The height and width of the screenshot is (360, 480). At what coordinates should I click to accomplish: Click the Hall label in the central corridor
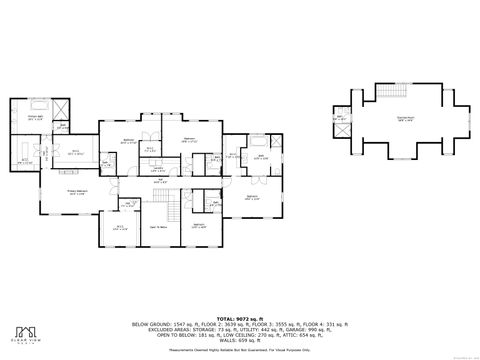160,181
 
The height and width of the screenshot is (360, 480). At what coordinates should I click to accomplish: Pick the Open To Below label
158,228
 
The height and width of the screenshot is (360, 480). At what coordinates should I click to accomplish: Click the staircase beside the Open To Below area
172,211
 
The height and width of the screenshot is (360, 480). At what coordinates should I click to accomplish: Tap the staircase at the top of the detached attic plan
387,93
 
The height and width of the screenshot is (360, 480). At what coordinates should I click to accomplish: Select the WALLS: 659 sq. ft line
240,343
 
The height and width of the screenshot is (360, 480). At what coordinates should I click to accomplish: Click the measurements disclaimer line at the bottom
239,351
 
